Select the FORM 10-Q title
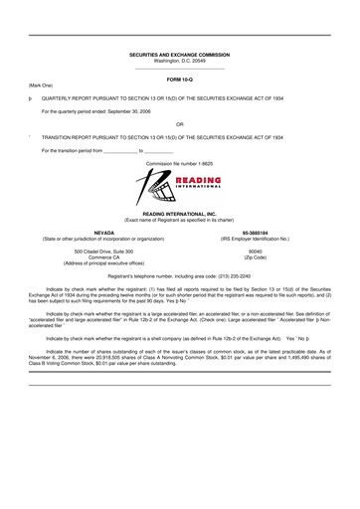tap(180, 78)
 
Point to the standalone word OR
tap(180, 123)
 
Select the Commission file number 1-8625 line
tap(180, 160)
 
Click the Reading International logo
tap(180, 184)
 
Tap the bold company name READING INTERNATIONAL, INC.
tap(180, 213)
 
